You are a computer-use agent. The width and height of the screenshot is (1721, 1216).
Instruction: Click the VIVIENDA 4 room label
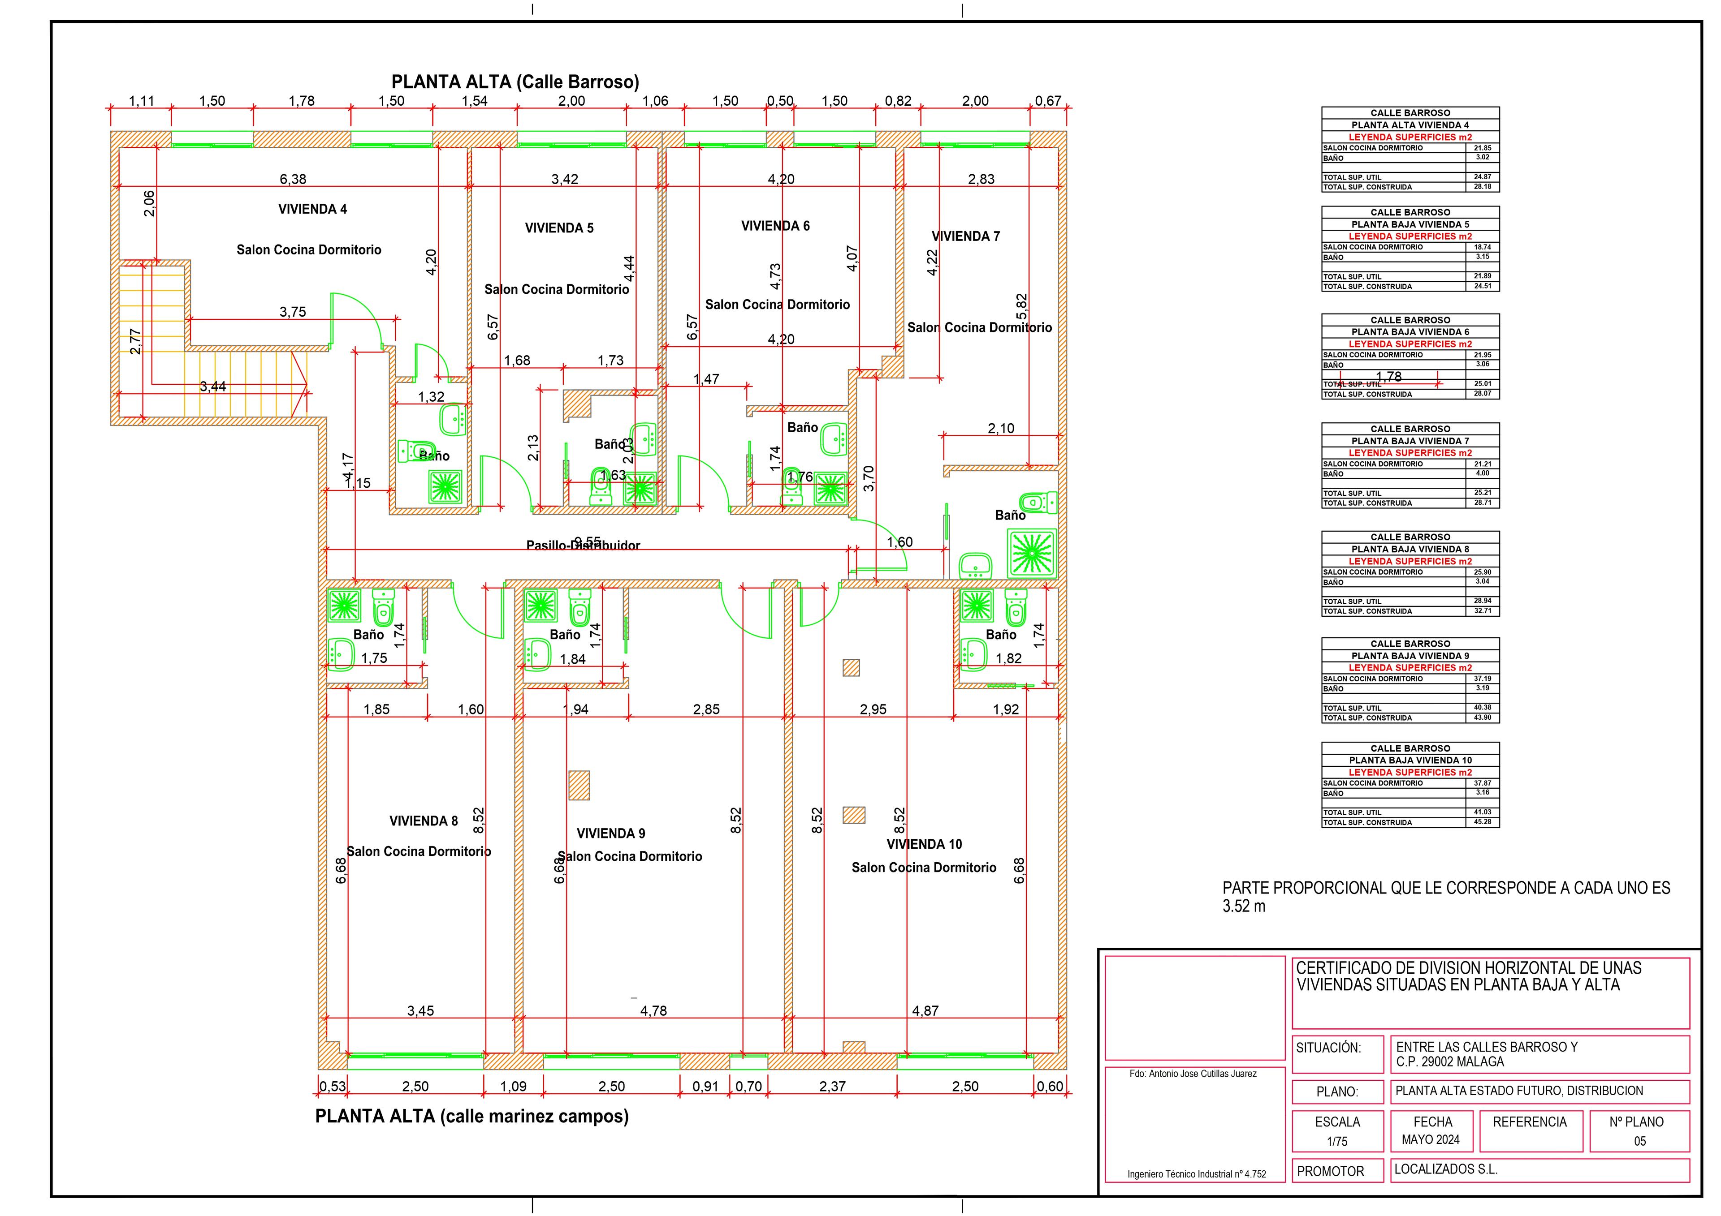click(x=312, y=209)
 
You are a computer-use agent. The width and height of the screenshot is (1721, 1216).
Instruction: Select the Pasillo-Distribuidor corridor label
click(x=583, y=546)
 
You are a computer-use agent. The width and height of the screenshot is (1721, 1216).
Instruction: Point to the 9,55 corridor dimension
click(x=587, y=541)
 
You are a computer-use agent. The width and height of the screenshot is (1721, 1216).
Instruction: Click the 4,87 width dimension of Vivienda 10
click(x=925, y=1011)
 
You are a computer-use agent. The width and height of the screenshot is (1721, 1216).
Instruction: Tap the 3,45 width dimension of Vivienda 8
click(x=420, y=1011)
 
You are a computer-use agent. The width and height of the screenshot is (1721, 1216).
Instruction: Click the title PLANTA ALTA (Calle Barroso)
click(x=515, y=82)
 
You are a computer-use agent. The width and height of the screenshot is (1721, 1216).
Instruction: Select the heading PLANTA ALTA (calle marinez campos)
click(x=471, y=1117)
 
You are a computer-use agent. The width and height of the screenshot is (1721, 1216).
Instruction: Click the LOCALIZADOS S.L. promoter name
click(x=1445, y=1169)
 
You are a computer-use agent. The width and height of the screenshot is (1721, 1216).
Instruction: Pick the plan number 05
click(x=1639, y=1141)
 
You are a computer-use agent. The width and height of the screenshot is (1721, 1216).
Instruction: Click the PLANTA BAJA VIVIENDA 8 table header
click(x=1410, y=549)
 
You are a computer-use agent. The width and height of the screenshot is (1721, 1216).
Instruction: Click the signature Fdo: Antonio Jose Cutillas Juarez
click(x=1193, y=1074)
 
